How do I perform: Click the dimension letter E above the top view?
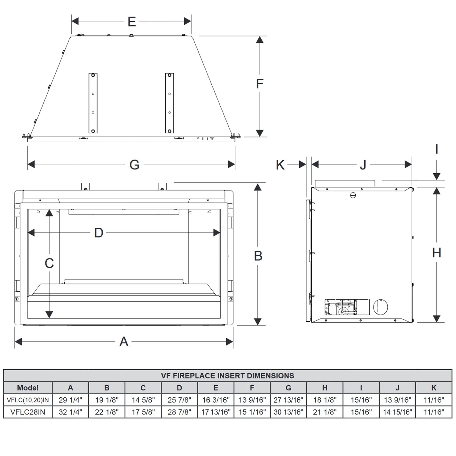pyautogui.click(x=131, y=21)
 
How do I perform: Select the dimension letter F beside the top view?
pyautogui.click(x=260, y=83)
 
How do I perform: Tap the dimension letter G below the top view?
pyautogui.click(x=134, y=165)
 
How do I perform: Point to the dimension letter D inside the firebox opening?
pyautogui.click(x=99, y=232)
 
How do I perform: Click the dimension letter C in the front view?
pyautogui.click(x=49, y=263)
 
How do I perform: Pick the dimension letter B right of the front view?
pyautogui.click(x=258, y=256)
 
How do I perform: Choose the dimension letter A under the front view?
pyautogui.click(x=124, y=342)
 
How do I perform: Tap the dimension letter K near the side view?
pyautogui.click(x=280, y=165)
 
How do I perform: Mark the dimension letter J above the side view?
pyautogui.click(x=363, y=165)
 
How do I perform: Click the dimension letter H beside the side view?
pyautogui.click(x=436, y=253)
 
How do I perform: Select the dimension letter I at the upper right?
pyautogui.click(x=436, y=149)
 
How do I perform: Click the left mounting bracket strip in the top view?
pyautogui.click(x=93, y=103)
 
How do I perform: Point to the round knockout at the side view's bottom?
pyautogui.click(x=381, y=307)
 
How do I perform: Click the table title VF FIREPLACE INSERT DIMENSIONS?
pyautogui.click(x=227, y=375)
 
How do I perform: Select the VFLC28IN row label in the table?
pyautogui.click(x=28, y=412)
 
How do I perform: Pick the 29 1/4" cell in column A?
pyautogui.click(x=70, y=400)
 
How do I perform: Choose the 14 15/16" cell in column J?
pyautogui.click(x=397, y=412)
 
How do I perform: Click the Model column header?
pyautogui.click(x=28, y=388)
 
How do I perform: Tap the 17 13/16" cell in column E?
pyautogui.click(x=216, y=412)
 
